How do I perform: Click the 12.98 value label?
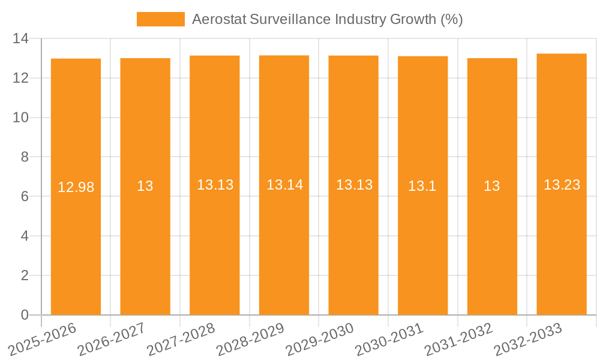coord(76,187)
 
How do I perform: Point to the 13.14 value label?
coord(284,185)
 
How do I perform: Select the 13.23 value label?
coord(562,185)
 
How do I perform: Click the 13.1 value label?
coord(422,186)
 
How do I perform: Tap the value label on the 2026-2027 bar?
coord(145,186)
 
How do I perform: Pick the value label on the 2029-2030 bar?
coord(354,185)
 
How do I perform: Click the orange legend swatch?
coord(160,19)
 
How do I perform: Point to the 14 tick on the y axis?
coord(20,39)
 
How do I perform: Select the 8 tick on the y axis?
coord(24,157)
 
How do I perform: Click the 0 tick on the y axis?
coord(24,315)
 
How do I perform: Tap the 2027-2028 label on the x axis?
coord(181,339)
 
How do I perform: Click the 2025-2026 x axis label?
coord(42,339)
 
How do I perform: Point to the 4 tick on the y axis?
coord(24,236)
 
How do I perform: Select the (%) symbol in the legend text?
coord(451,19)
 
